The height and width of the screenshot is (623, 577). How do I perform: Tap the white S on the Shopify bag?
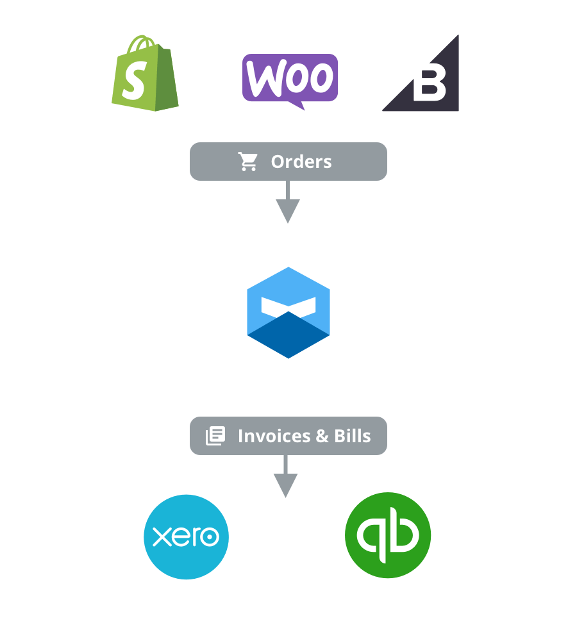click(134, 82)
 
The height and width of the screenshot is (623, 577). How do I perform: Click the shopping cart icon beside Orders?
click(248, 162)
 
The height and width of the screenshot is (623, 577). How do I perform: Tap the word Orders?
click(301, 162)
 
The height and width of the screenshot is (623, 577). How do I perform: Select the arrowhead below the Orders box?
click(287, 211)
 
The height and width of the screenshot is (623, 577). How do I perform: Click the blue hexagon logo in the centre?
click(288, 312)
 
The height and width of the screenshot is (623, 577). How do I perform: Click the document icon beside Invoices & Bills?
click(215, 436)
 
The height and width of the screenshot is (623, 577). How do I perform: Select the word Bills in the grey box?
click(353, 436)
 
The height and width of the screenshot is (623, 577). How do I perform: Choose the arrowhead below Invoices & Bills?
click(285, 485)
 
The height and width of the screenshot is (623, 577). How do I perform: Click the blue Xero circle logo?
click(186, 536)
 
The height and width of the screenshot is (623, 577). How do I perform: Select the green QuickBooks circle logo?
click(388, 535)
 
